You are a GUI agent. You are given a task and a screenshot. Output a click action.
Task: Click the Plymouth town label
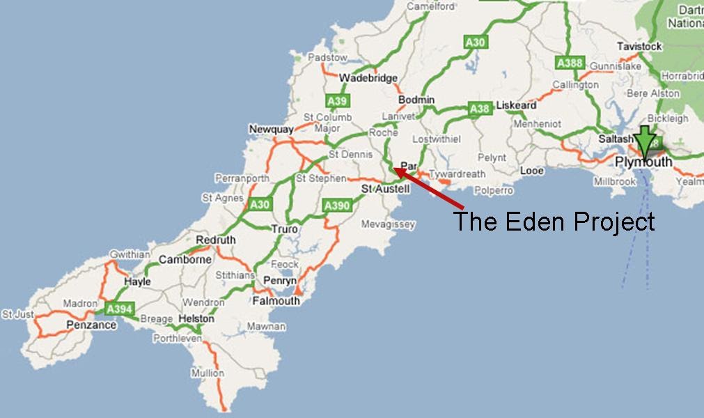coord(644,162)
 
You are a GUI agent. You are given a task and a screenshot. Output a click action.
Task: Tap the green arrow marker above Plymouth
coord(646,141)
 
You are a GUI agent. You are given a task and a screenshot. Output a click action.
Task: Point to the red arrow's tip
coord(395,168)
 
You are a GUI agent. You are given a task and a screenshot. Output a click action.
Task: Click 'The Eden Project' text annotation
coord(554,222)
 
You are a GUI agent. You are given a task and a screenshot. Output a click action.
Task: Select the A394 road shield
coord(119,308)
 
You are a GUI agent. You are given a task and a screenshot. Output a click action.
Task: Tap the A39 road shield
coord(337,101)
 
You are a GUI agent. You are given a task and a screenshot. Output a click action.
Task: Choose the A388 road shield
coord(569,63)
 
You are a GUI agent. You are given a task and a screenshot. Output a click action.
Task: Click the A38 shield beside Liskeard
coord(480,109)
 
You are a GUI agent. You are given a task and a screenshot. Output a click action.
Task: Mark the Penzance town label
coord(91,325)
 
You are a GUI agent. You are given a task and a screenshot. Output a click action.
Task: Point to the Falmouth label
coord(276,301)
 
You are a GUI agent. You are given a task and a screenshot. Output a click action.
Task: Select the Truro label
coord(284,229)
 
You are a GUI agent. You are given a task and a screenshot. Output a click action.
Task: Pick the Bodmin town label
coord(418,100)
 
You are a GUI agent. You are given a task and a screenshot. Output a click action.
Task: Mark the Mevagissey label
coord(388,224)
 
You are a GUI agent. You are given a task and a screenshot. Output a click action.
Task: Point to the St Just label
coord(17,314)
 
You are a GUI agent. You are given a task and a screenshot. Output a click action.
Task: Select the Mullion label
coord(208,373)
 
